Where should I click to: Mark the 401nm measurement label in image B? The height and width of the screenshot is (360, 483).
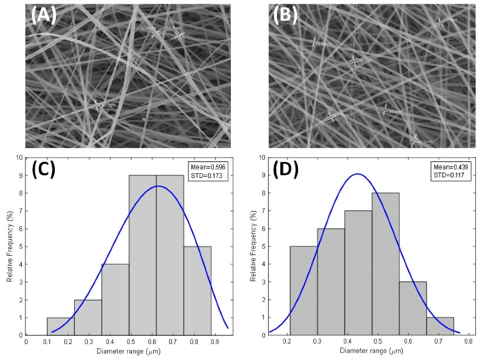[x=425, y=141]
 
